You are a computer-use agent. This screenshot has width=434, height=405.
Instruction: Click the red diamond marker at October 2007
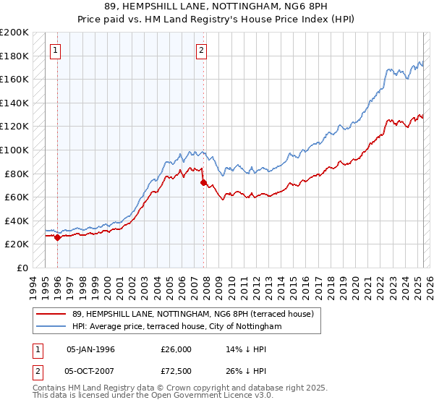(203, 182)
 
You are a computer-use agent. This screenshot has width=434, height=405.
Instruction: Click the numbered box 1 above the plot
(56, 50)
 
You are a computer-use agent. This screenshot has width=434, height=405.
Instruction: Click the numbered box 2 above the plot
(202, 50)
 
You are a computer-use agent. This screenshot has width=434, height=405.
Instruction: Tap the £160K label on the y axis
(14, 80)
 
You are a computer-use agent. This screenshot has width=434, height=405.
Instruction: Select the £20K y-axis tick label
(17, 244)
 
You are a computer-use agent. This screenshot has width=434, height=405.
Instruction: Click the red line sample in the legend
(51, 314)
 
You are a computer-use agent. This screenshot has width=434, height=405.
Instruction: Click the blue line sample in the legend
(51, 327)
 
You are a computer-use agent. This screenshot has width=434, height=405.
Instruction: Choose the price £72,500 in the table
(176, 372)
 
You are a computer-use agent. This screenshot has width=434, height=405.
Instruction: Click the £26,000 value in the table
(176, 349)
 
